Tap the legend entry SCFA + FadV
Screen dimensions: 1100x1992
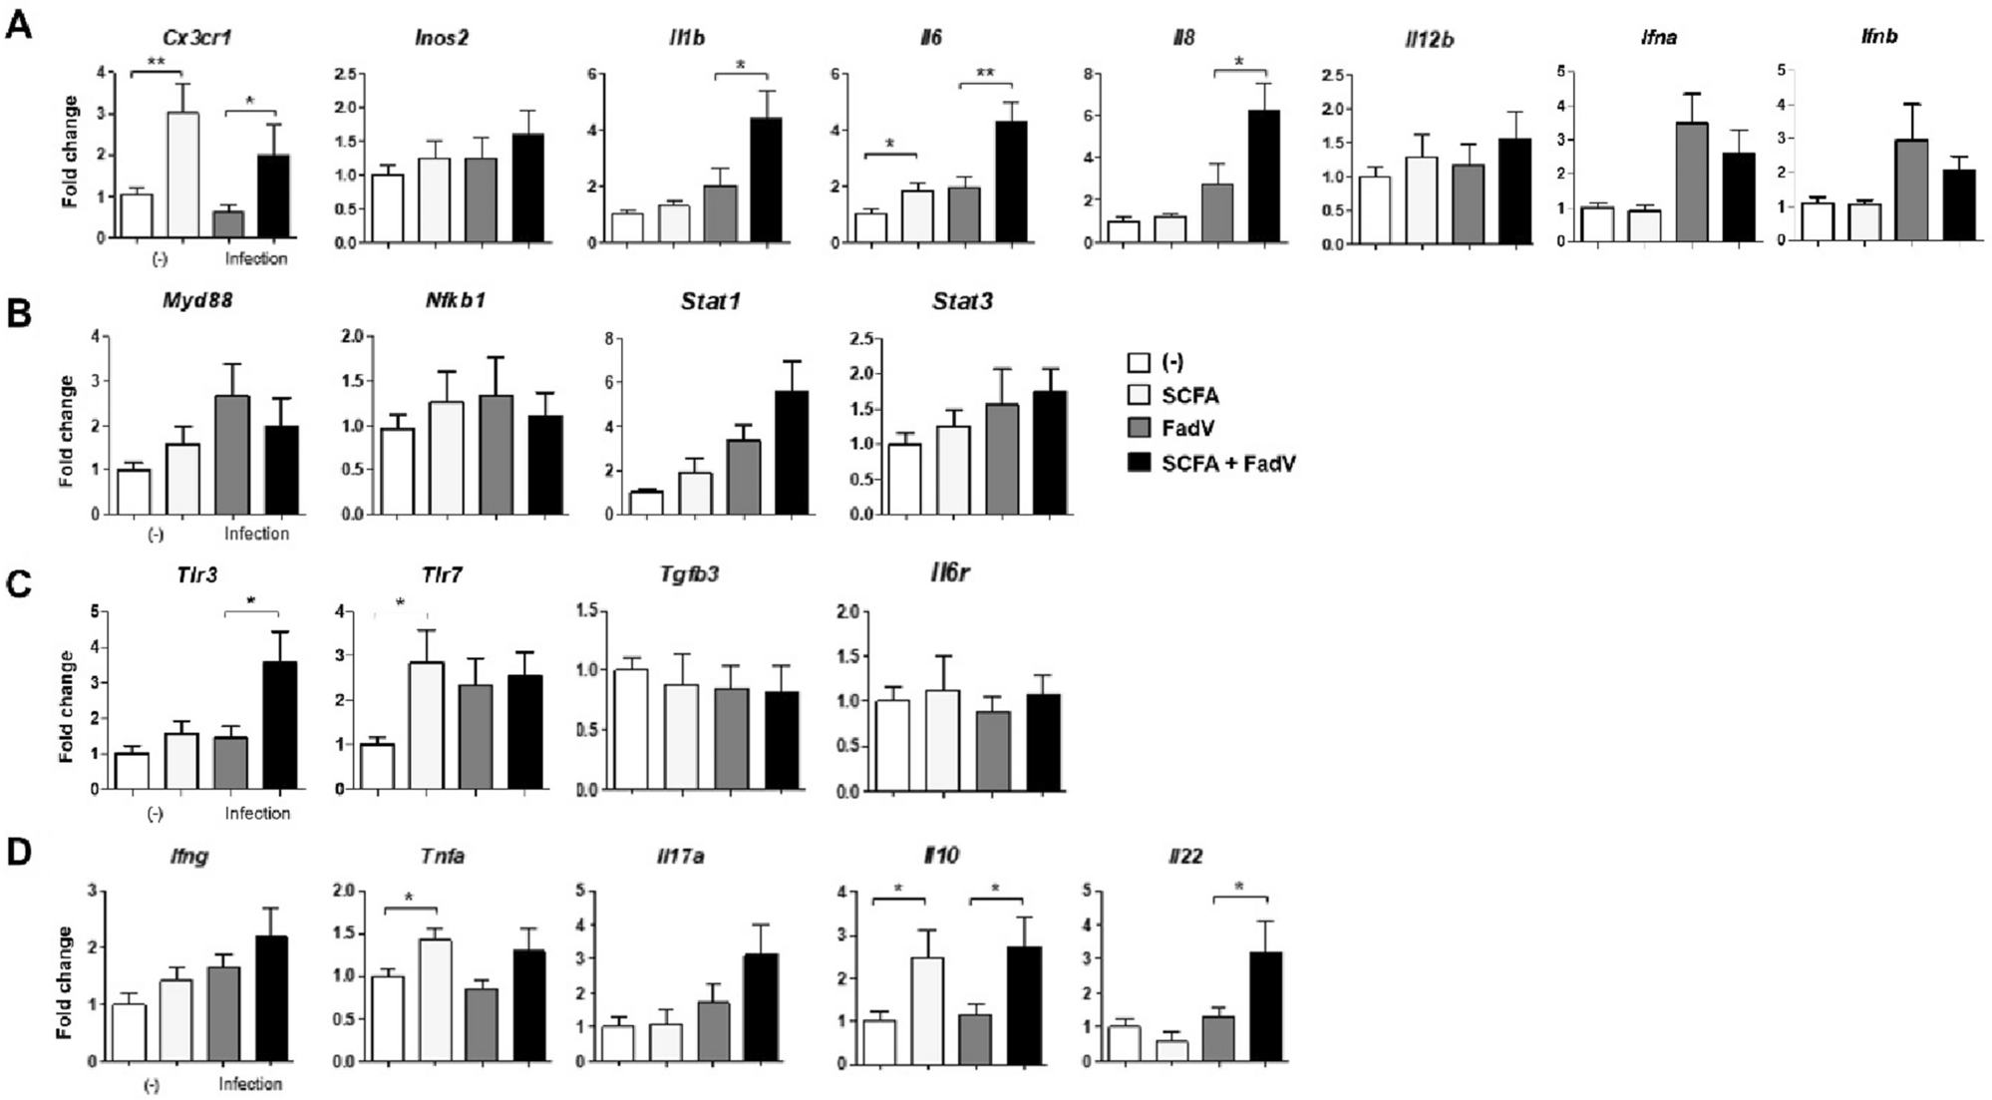coord(1228,463)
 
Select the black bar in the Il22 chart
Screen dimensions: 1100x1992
coord(1264,1007)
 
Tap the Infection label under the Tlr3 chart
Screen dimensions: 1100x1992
coord(257,813)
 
